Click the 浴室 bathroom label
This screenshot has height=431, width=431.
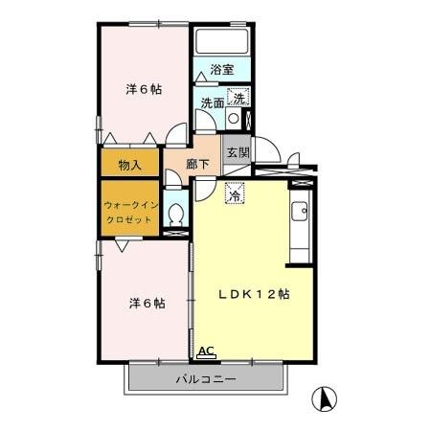(x=223, y=70)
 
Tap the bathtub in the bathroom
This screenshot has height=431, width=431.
(x=222, y=42)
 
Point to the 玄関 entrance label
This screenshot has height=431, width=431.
(x=236, y=151)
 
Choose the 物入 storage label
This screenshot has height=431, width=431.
(x=130, y=165)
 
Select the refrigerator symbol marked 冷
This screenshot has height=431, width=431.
(x=233, y=193)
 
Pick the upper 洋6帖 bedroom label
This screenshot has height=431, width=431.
(x=144, y=89)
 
